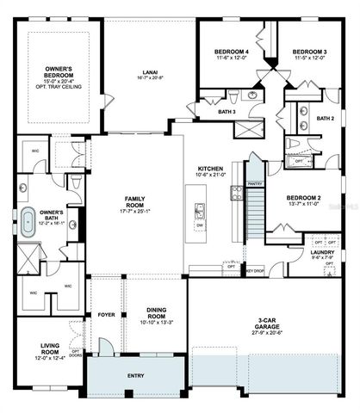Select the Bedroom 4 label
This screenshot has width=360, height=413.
pyautogui.click(x=231, y=52)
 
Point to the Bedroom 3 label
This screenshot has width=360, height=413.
pyautogui.click(x=309, y=52)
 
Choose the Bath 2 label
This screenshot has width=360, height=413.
pyautogui.click(x=325, y=118)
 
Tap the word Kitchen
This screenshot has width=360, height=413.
pyautogui.click(x=211, y=168)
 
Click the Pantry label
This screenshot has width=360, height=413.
pyautogui.click(x=254, y=183)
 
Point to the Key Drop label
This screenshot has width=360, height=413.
pyautogui.click(x=254, y=272)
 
